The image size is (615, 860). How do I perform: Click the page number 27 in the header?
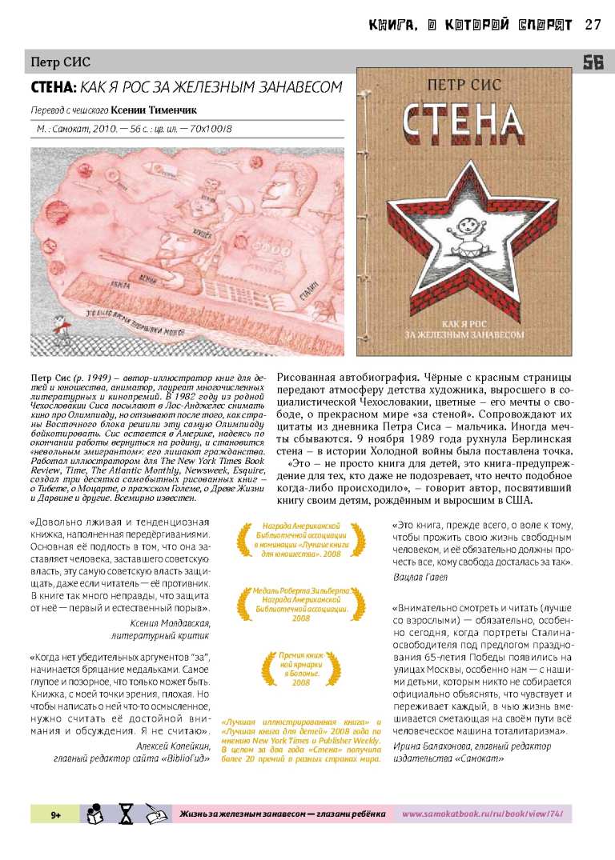tap(593, 24)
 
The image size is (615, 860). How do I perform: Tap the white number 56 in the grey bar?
tap(593, 62)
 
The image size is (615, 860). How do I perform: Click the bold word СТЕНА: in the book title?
tap(54, 87)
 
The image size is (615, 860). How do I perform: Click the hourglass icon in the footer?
tap(127, 814)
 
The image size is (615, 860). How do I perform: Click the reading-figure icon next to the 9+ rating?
tap(95, 813)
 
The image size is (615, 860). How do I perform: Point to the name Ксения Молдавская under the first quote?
tap(174, 622)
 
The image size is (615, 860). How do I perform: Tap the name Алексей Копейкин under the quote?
tap(174, 746)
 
